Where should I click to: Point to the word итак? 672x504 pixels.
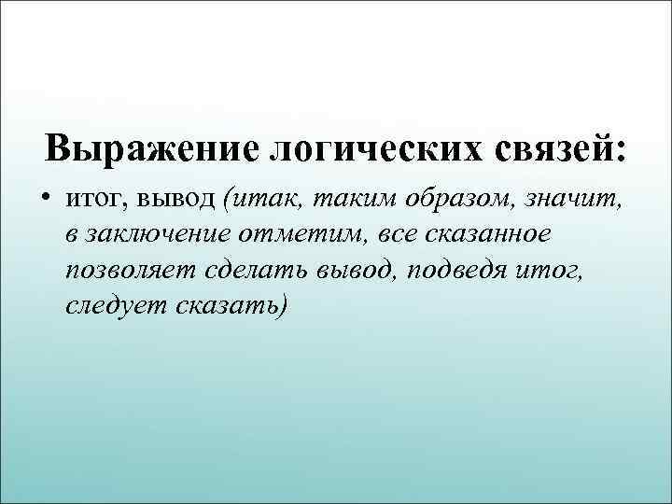263,198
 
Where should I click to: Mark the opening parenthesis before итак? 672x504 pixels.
229,199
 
